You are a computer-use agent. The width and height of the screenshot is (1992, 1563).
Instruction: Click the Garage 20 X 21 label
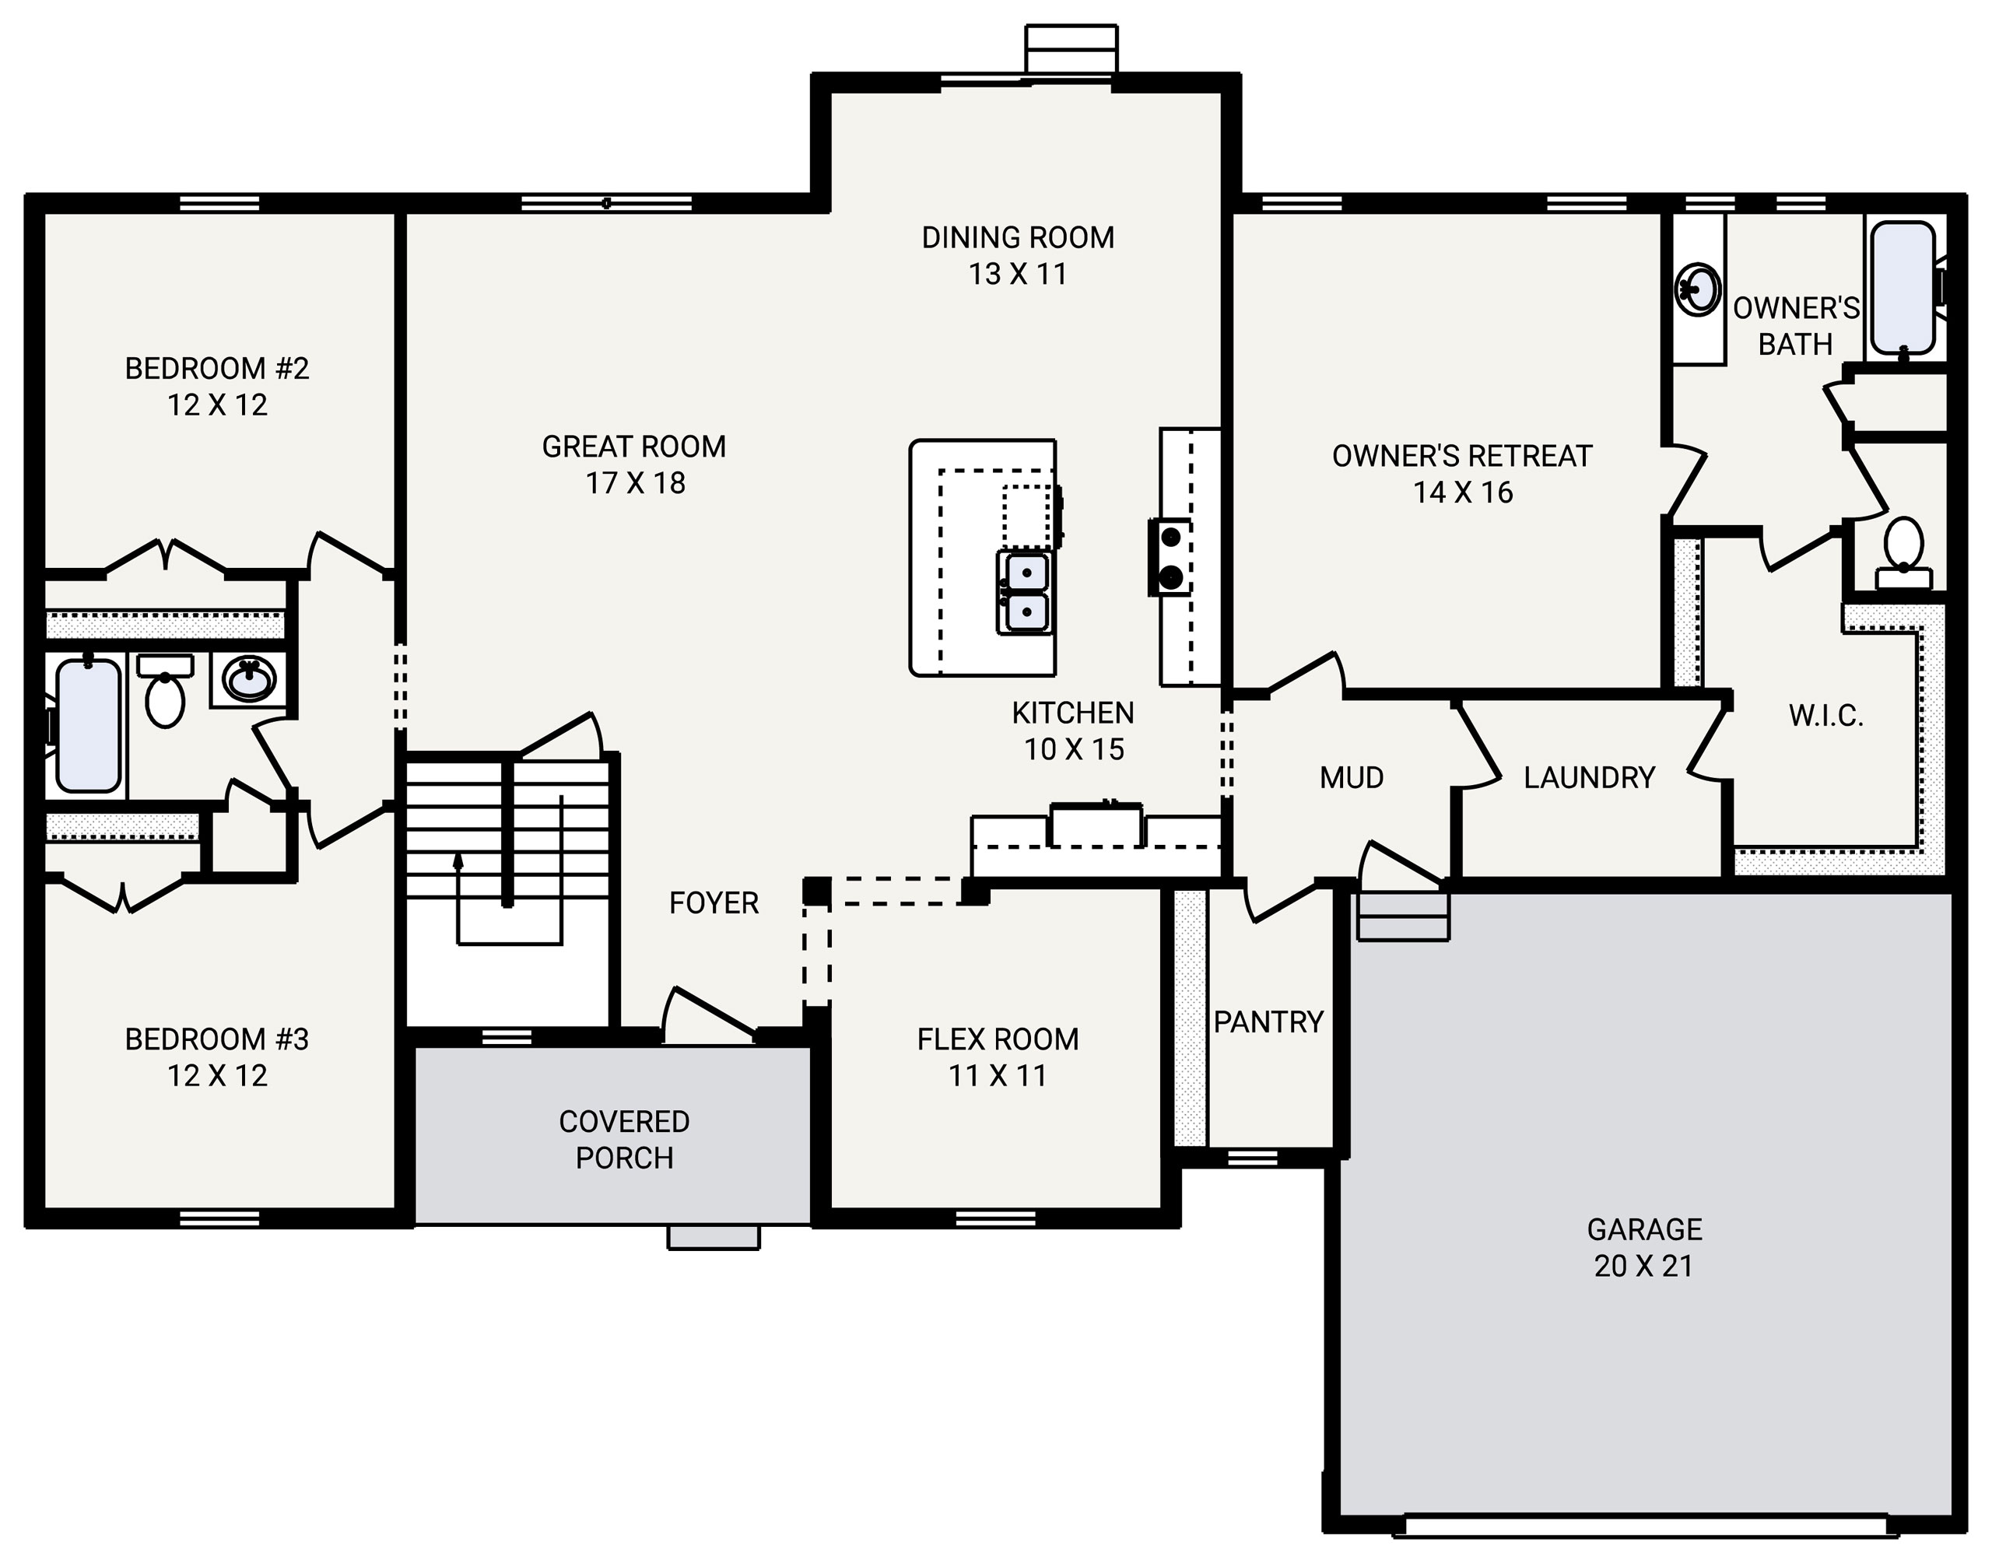pos(1643,1246)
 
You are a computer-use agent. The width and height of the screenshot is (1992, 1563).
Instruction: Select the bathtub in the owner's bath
pos(1903,287)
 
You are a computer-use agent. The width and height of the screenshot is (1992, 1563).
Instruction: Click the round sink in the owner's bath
pos(1699,289)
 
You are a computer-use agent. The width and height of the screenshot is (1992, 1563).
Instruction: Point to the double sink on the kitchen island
pos(1025,592)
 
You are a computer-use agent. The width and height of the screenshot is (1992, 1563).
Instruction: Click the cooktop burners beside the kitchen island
pos(1170,556)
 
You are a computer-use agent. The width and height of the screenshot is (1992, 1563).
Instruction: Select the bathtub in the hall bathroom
pos(89,725)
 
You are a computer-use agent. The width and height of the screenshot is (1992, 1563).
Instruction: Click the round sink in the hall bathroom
pos(249,680)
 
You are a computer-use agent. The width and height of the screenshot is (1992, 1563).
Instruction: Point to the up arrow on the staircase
pos(458,860)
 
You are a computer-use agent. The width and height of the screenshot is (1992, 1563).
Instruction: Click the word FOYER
pos(714,903)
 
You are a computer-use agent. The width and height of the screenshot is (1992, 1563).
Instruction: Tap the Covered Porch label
pos(624,1139)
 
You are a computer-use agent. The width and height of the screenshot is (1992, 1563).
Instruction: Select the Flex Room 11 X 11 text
pos(998,1057)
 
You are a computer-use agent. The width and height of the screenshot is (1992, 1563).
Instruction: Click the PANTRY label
pos(1268,1022)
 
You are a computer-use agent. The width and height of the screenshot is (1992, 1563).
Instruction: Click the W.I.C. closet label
pos(1826,716)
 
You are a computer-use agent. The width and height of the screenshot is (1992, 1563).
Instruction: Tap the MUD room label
pos(1352,778)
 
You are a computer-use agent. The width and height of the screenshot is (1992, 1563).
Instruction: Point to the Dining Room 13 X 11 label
pos(1018,255)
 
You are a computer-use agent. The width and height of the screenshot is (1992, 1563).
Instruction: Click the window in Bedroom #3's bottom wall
pos(219,1218)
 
